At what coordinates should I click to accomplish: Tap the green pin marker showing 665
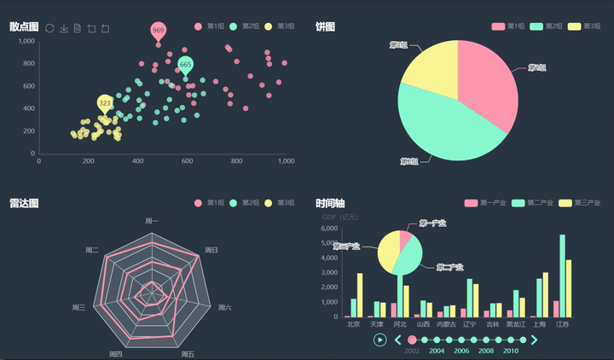point(185,65)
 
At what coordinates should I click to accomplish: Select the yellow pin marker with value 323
point(105,103)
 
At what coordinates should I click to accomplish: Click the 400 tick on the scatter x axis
point(138,160)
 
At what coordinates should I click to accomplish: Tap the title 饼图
point(325,27)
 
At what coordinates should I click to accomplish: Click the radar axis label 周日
point(211,250)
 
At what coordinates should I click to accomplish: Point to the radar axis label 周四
point(116,353)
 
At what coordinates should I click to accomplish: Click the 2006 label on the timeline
point(461,351)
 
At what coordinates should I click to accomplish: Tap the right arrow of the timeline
point(535,340)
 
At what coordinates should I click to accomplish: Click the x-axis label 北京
point(354,324)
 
